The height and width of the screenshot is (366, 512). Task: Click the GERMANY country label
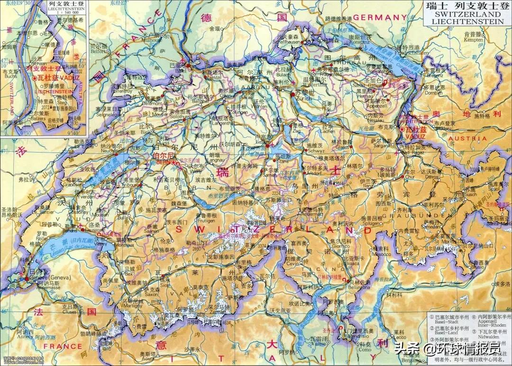[377, 18]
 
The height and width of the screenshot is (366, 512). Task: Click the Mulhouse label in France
[153, 40]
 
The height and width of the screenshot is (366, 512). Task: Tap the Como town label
[365, 350]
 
